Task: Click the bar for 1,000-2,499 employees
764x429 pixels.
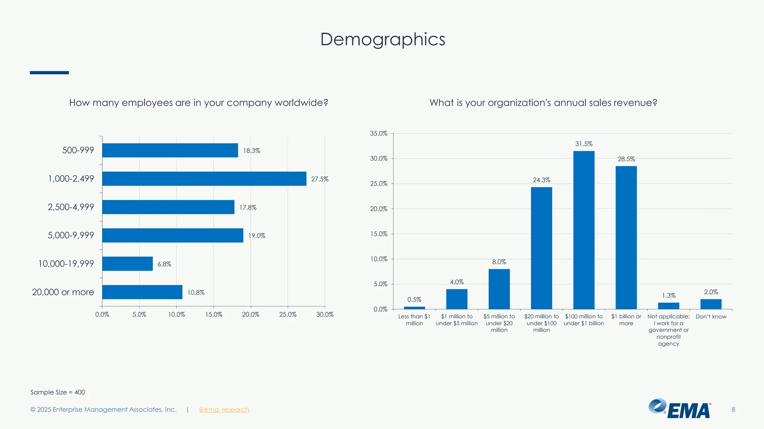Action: coord(204,179)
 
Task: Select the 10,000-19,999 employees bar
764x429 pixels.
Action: coord(127,264)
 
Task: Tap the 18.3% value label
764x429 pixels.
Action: coord(251,151)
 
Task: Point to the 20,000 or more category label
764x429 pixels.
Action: coord(63,292)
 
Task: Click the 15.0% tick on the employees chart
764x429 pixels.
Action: coord(213,315)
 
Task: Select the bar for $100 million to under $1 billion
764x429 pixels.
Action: coord(584,230)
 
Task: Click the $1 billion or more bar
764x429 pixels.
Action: coord(626,238)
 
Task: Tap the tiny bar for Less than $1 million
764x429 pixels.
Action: coord(414,308)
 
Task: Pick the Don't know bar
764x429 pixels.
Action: coord(711,304)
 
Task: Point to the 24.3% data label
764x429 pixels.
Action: coord(541,180)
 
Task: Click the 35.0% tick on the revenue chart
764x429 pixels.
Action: coord(379,133)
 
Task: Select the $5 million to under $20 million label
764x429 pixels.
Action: coord(499,323)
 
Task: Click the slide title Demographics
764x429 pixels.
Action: coord(382,39)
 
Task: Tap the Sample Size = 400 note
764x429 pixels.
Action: coord(57,392)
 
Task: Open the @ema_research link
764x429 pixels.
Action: coord(223,410)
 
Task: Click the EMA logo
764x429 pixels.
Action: coord(680,409)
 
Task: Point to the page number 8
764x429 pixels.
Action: coord(733,410)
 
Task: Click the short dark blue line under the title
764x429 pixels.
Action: coord(49,73)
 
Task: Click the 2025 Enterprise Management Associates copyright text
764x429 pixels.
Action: coord(103,410)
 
